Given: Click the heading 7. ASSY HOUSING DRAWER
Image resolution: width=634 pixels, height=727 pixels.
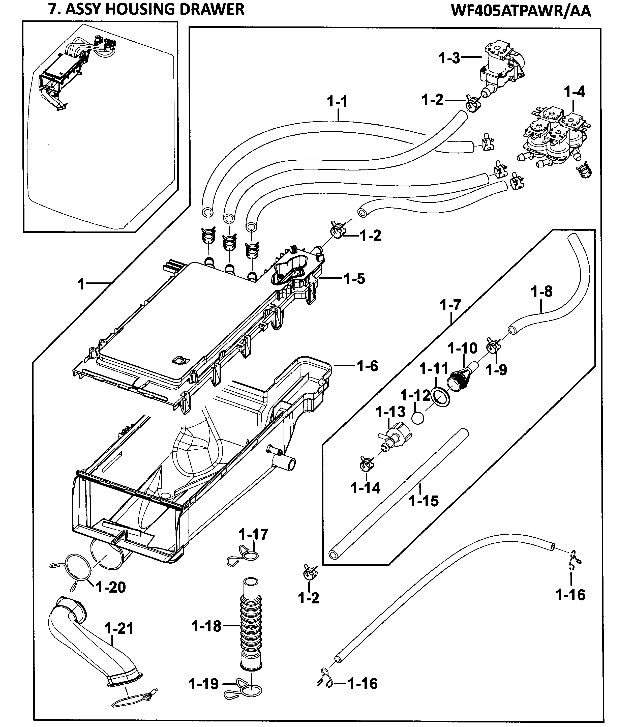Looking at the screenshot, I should point(146,9).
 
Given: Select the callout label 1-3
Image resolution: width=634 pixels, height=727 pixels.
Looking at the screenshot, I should point(449,58).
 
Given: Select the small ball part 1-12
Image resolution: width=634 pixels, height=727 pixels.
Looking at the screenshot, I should point(418,418).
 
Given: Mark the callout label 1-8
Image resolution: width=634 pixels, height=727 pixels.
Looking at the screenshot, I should point(541,292).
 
